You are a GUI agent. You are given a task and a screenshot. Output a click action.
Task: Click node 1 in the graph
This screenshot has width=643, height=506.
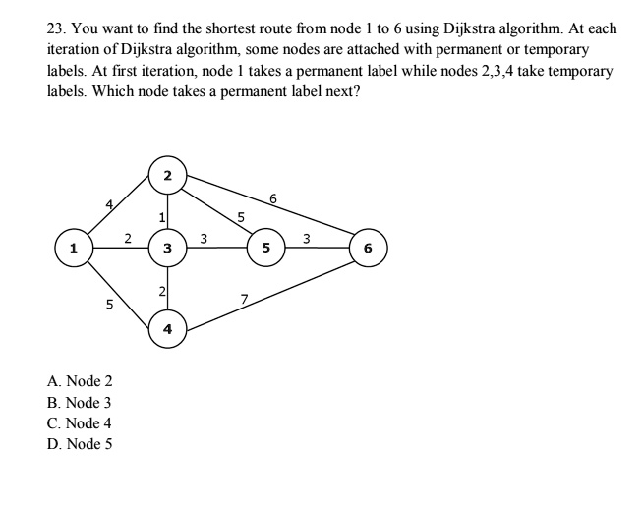click(x=72, y=248)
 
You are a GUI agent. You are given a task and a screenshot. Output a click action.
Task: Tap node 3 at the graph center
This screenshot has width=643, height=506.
click(x=167, y=248)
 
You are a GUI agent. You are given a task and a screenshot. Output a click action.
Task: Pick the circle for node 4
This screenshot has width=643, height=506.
click(x=167, y=329)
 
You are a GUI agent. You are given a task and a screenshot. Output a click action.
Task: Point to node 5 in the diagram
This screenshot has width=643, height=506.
click(x=265, y=248)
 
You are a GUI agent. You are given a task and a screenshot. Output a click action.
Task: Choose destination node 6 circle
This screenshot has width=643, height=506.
click(x=368, y=248)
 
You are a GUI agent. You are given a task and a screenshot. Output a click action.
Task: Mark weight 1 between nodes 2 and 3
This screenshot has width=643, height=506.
click(x=159, y=215)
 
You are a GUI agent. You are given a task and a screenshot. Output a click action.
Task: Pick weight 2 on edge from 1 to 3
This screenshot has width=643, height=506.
click(x=128, y=236)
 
